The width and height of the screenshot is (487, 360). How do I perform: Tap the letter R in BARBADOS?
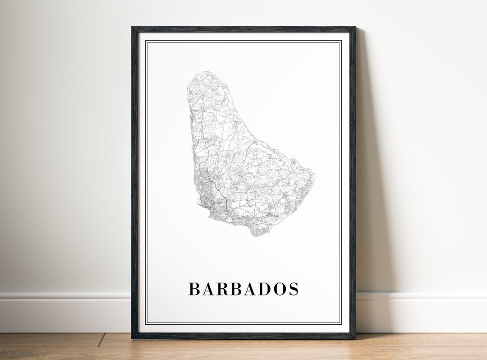pos(225,289)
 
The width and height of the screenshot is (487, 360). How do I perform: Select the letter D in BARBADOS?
pos(270,289)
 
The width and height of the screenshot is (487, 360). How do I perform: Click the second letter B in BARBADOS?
pos(240,289)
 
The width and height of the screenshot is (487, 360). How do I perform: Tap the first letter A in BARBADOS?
pos(209,289)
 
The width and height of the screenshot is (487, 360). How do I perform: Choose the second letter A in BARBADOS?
pos(255,289)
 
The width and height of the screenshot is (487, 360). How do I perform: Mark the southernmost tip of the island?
pos(256,236)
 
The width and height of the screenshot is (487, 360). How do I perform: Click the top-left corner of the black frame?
pos(132,27)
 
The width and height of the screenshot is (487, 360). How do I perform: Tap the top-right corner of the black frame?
pos(355,27)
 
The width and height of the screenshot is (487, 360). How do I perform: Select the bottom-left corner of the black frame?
pos(132,338)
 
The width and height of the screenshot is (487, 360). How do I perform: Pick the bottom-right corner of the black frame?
pos(355,338)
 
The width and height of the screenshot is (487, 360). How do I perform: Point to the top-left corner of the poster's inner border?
pos(146,41)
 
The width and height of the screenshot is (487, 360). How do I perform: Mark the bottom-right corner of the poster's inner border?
pos(341,323)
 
